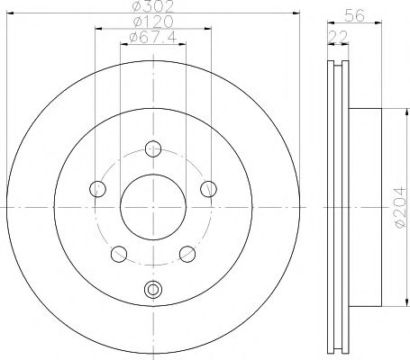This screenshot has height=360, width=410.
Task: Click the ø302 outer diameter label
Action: (151, 7)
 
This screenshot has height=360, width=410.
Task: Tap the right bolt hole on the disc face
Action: (209, 188)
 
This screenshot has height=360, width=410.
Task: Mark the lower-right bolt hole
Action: (187, 253)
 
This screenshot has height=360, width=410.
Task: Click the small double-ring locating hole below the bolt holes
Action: (153, 289)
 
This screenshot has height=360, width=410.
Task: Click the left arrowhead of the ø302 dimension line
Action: (10, 13)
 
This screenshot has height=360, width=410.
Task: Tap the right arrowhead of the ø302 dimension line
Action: (295, 13)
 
